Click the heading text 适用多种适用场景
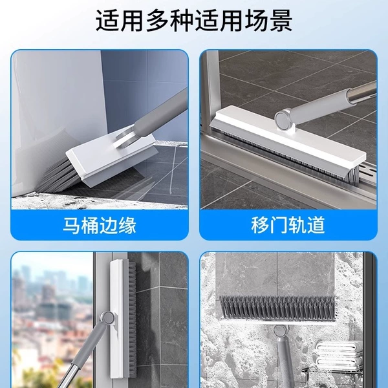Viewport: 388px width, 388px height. pyautogui.click(x=194, y=20)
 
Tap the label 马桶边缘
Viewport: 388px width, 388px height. pyautogui.click(x=100, y=225)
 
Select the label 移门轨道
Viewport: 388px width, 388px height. pyautogui.click(x=288, y=225)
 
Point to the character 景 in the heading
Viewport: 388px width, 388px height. pyautogui.click(x=281, y=20)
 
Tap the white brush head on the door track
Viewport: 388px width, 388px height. pyautogui.click(x=288, y=137)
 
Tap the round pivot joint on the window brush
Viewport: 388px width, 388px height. pyautogui.click(x=107, y=318)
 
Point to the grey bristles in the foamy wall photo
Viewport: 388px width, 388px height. pyautogui.click(x=277, y=308)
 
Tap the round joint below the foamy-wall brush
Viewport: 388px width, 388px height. pyautogui.click(x=280, y=331)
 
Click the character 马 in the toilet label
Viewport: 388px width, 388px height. pyautogui.click(x=72, y=225)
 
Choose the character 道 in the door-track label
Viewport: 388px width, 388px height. pyautogui.click(x=316, y=225)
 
